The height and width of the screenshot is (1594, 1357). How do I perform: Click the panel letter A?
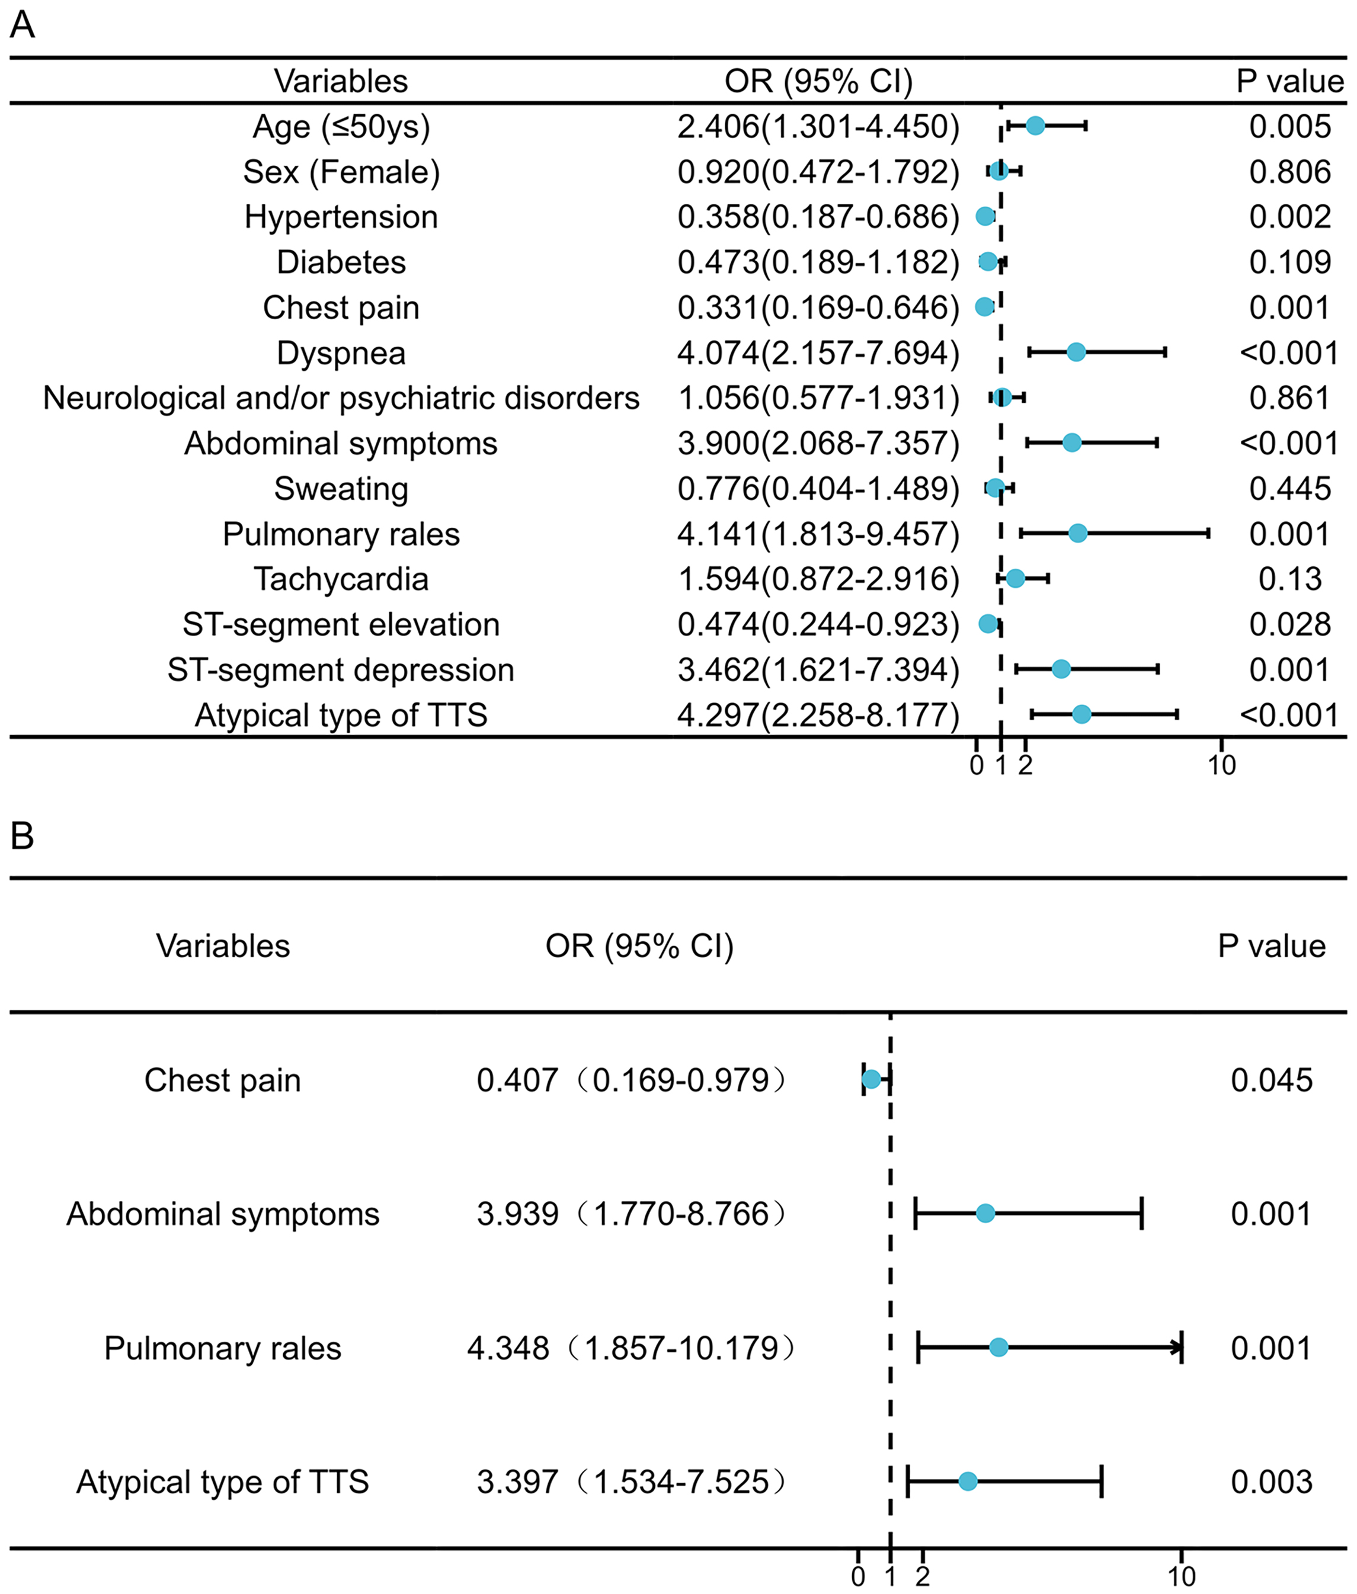point(23,25)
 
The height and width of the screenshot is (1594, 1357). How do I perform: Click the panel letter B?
point(23,835)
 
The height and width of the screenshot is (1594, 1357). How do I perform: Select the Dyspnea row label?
point(341,353)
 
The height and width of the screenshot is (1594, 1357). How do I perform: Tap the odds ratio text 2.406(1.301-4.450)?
point(818,127)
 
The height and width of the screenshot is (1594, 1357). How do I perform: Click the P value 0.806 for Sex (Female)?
point(1289,172)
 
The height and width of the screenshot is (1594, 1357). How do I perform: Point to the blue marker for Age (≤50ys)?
point(1035,126)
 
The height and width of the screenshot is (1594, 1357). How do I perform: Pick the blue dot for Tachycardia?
point(1016,578)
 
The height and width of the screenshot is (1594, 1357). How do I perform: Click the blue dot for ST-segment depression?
point(1061,669)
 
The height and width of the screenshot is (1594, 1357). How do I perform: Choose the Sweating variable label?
point(341,489)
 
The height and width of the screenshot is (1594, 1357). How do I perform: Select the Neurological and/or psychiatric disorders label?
point(341,398)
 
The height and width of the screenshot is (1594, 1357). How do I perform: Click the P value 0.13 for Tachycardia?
point(1289,579)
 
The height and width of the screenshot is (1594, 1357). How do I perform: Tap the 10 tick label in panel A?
point(1222,766)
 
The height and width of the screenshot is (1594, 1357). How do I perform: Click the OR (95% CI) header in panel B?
point(639,946)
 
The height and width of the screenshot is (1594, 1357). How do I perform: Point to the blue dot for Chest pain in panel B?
point(871,1080)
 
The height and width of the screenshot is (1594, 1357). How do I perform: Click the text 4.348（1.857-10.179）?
point(631,1348)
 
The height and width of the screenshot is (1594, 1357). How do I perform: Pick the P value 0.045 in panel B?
point(1271,1080)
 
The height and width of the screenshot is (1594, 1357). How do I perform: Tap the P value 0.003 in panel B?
point(1271,1481)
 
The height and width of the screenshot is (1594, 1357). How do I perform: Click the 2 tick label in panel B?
point(923,1577)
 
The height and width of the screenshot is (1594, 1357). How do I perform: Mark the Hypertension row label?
point(341,217)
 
